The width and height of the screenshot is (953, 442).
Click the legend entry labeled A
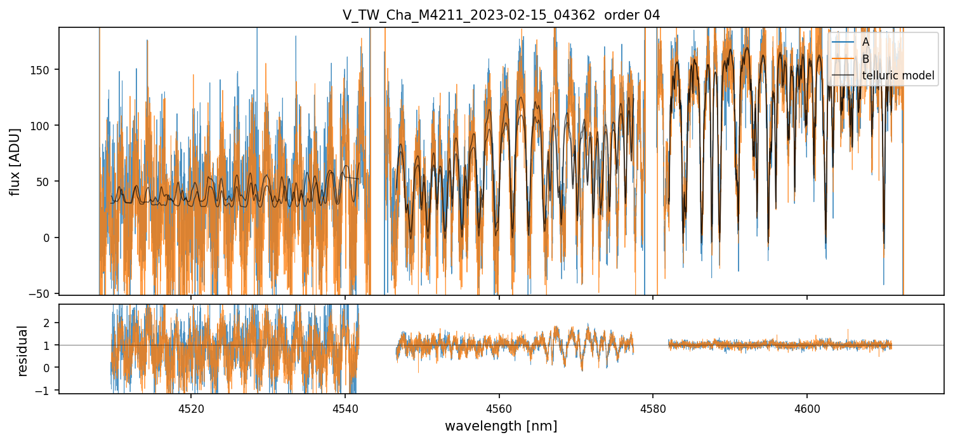[x=865, y=42]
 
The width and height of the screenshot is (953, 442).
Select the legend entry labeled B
[x=865, y=59]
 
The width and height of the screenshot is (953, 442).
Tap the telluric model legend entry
[x=898, y=76]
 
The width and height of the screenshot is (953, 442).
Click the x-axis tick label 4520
[x=191, y=409]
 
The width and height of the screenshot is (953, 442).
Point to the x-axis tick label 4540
[x=345, y=409]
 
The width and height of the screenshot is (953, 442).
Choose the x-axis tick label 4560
[x=499, y=409]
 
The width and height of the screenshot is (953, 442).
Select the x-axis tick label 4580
[x=653, y=409]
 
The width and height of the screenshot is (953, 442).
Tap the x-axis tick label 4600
[x=807, y=409]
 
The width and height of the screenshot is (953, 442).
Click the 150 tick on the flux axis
[x=44, y=70]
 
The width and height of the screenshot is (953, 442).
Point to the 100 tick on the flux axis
[x=44, y=126]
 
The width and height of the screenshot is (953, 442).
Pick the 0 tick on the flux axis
[x=50, y=238]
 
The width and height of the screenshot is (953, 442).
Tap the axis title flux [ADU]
[x=15, y=161]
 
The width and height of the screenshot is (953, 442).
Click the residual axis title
[x=23, y=351]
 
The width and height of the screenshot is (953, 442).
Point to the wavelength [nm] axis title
[x=501, y=426]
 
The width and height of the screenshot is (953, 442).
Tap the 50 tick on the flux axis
[x=46, y=182]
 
